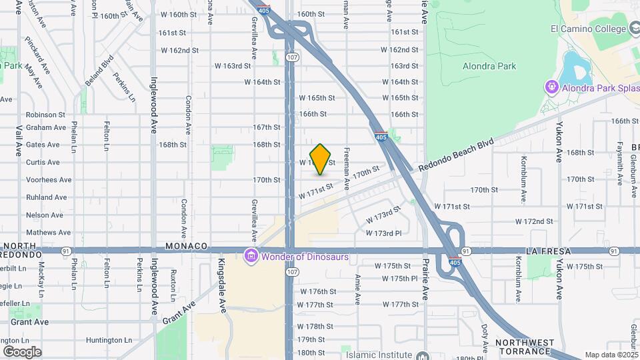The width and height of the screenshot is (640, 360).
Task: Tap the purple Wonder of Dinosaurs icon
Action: click(251, 257)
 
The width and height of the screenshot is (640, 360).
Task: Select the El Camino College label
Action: click(589, 29)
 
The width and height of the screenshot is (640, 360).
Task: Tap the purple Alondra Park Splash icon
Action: click(552, 87)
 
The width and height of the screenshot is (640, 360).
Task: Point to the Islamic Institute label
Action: click(377, 355)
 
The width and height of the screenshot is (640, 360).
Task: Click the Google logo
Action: click(22, 351)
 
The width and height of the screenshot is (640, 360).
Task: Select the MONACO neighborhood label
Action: click(192, 246)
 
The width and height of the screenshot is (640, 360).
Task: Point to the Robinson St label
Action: click(45, 115)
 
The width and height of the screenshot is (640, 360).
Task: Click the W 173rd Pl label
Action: click(384, 233)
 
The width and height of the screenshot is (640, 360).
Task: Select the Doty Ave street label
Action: click(485, 337)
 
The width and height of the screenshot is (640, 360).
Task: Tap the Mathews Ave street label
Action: click(48, 233)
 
